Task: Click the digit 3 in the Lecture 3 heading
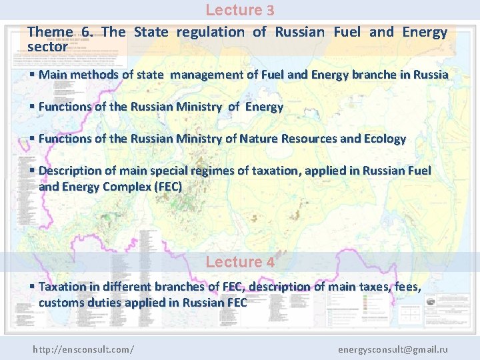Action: coord(270,11)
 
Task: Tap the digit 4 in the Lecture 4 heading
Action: coord(270,263)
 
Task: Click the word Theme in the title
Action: coord(50,32)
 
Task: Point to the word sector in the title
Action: coord(47,47)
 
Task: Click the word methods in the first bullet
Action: coord(99,75)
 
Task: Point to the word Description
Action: coord(71,171)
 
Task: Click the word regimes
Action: coord(213,171)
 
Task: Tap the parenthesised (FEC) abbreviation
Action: coord(167,187)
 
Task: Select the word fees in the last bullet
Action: coord(405,287)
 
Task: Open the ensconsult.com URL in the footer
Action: coord(83,349)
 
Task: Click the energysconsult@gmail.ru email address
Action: coord(393,349)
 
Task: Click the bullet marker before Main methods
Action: coord(32,75)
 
